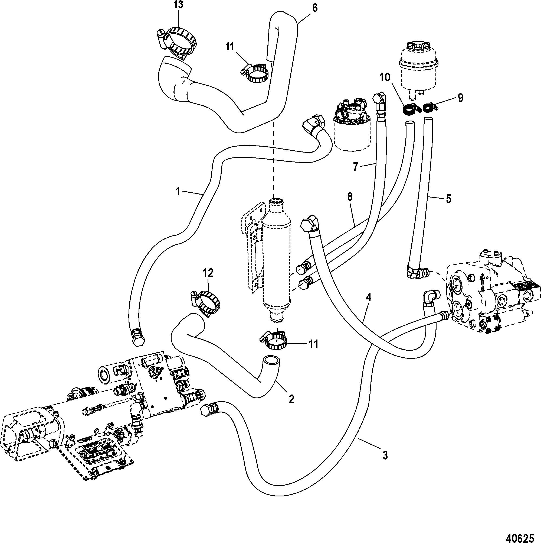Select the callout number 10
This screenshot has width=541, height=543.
[385, 77]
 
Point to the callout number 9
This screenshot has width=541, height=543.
[460, 98]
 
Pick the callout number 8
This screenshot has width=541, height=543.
[350, 197]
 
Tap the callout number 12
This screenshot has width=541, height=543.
[208, 273]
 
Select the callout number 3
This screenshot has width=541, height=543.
[385, 455]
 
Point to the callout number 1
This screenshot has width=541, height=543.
[178, 192]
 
